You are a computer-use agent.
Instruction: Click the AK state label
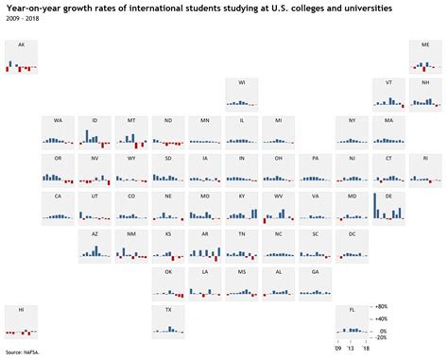click(21, 45)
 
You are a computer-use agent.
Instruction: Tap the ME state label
click(425, 45)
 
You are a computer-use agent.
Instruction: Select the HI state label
click(21, 310)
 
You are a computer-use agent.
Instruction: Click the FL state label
click(353, 310)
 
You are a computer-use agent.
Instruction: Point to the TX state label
click(168, 310)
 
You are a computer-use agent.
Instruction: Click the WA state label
click(58, 121)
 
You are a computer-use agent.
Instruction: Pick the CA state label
click(58, 196)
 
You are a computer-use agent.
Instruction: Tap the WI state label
click(242, 83)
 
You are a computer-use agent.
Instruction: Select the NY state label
click(353, 121)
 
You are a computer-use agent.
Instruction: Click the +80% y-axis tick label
click(382, 306)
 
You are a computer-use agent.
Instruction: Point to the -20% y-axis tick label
click(382, 337)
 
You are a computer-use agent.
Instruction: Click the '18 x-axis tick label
click(365, 348)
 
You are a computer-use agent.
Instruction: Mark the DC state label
click(353, 233)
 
